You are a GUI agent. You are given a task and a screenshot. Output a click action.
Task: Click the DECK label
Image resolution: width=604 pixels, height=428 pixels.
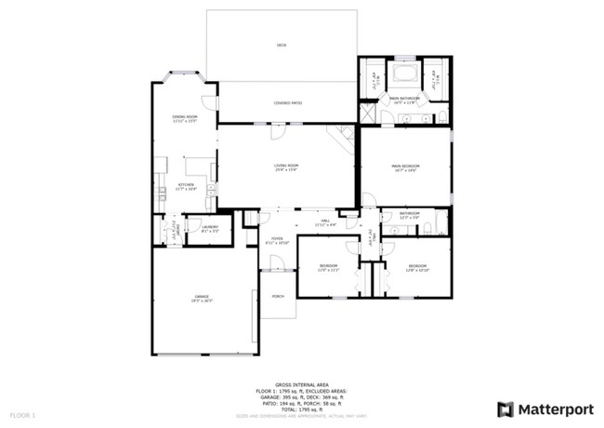click(x=281, y=45)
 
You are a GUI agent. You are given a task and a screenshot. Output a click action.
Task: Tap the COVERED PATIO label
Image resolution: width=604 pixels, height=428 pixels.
click(x=288, y=102)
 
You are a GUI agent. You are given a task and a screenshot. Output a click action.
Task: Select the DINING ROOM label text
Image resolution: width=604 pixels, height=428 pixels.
click(x=184, y=117)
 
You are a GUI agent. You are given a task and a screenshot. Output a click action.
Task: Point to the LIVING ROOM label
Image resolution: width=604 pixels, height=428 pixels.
click(x=284, y=167)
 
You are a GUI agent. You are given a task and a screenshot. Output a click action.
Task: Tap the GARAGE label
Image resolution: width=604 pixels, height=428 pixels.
click(x=202, y=298)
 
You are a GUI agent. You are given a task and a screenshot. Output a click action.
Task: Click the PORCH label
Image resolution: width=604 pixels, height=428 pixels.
click(x=278, y=297)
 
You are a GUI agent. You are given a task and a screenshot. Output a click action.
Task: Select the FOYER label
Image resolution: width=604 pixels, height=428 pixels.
click(x=277, y=239)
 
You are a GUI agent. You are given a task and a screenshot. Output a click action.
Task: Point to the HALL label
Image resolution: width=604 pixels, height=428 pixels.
click(x=325, y=221)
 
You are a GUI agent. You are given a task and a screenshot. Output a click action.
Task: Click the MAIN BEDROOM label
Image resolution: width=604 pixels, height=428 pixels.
click(x=405, y=167)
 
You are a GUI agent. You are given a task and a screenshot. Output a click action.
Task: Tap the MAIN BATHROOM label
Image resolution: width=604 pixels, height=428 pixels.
click(x=405, y=98)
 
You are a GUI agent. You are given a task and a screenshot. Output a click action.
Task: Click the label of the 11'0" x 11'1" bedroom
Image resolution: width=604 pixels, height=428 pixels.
click(x=330, y=267)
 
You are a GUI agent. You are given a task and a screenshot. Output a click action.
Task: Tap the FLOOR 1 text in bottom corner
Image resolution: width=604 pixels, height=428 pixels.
click(x=21, y=413)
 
